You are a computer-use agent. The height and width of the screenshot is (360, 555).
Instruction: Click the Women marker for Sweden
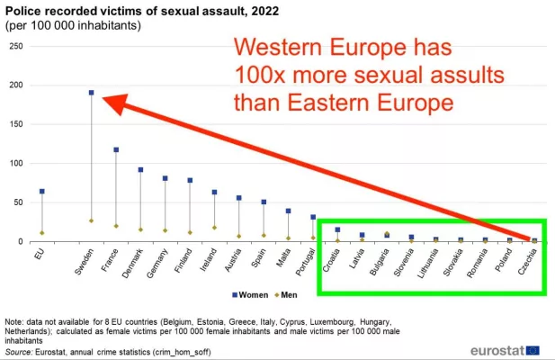pyautogui.click(x=91, y=93)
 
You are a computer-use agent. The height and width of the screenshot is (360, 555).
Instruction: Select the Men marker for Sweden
pyautogui.click(x=91, y=220)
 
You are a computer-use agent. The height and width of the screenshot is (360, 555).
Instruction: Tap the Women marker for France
pyautogui.click(x=116, y=149)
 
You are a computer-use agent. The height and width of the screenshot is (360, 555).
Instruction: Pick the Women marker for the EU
pyautogui.click(x=41, y=191)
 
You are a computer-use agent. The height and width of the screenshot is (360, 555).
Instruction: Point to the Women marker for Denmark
pyautogui.click(x=140, y=169)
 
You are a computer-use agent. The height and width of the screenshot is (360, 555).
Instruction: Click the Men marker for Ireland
pyautogui.click(x=214, y=228)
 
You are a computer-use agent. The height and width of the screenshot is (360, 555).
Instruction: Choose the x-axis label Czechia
pyautogui.click(x=530, y=258)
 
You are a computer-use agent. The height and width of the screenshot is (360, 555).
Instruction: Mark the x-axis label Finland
pyautogui.click(x=185, y=259)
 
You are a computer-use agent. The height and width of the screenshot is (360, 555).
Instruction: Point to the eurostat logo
pyautogui.click(x=505, y=348)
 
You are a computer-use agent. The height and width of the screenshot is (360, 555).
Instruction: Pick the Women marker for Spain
pyautogui.click(x=264, y=202)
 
